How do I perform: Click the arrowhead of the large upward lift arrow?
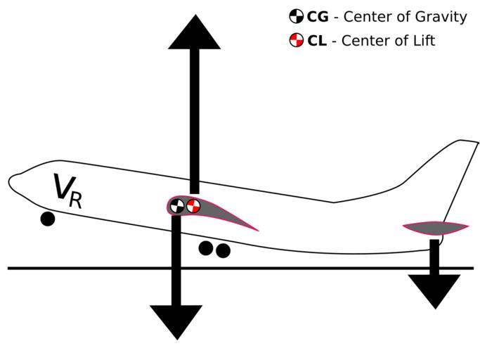pyautogui.click(x=194, y=34)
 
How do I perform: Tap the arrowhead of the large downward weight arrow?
pyautogui.click(x=176, y=321)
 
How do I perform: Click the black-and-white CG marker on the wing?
pyautogui.click(x=177, y=206)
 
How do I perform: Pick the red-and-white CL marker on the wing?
pyautogui.click(x=193, y=206)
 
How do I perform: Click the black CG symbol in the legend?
pyautogui.click(x=297, y=17)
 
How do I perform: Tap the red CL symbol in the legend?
pyautogui.click(x=297, y=40)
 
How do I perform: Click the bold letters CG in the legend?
pyautogui.click(x=317, y=17)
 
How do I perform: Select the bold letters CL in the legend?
pyautogui.click(x=316, y=41)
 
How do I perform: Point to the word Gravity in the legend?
pyautogui.click(x=442, y=18)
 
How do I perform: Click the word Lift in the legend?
pyautogui.click(x=422, y=41)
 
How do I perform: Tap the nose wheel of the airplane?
pyautogui.click(x=48, y=219)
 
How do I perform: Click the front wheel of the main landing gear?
pyautogui.click(x=206, y=247)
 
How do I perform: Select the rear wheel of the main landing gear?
pyautogui.click(x=223, y=250)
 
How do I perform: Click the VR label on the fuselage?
pyautogui.click(x=67, y=191)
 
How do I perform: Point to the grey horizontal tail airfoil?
pyautogui.click(x=435, y=227)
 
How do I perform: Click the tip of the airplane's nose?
pyautogui.click(x=9, y=181)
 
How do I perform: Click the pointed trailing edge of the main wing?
pyautogui.click(x=257, y=230)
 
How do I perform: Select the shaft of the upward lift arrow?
pyautogui.click(x=194, y=120)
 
